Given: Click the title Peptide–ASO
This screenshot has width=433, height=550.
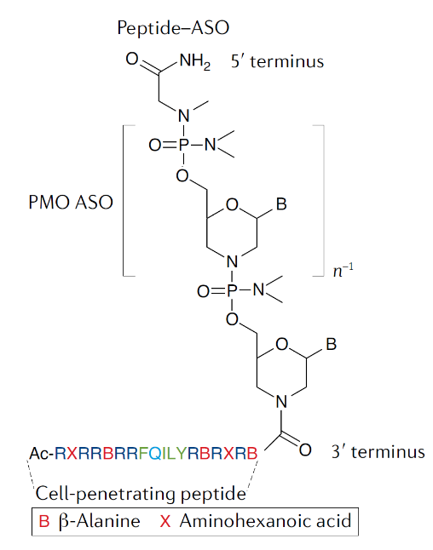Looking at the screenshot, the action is coord(173,28).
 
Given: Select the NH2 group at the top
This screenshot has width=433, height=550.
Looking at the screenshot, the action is coord(195,62).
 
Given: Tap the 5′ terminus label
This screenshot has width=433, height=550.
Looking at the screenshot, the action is coord(277,61).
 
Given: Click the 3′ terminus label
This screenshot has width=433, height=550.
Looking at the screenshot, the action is coord(378,451).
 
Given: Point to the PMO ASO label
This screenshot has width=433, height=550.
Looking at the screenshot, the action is coord(71,202).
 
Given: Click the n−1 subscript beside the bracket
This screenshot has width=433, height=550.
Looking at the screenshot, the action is coord(344,270).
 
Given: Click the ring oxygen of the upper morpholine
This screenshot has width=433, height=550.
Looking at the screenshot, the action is coord(232,204).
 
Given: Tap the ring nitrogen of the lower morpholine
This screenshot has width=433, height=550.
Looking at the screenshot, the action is coord(281,402).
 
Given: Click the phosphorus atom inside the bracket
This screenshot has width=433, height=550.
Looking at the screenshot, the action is coord(183,145).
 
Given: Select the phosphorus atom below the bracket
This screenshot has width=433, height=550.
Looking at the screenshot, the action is coord(232,290).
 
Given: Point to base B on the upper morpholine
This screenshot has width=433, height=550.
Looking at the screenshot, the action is coord(281,203).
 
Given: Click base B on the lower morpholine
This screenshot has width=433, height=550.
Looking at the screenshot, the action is coord(332,344).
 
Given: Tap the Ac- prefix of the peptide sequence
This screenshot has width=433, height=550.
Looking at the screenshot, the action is coord(42,453).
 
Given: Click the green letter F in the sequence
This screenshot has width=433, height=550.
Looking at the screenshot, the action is coord(143,453).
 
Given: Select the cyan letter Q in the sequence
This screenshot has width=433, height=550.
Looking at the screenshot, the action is coord(155,454).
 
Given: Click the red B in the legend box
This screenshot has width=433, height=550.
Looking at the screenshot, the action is coord(44,521).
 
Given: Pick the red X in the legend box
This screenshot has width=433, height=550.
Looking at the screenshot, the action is coord(165,521).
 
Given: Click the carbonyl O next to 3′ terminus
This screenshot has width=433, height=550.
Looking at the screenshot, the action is coord(305,450).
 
